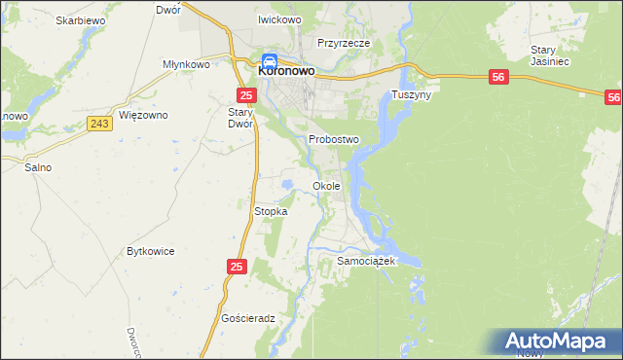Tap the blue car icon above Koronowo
(270, 59)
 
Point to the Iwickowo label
(279, 19)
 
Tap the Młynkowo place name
(187, 64)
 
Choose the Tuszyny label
(411, 95)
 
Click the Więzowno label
(143, 115)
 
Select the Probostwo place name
(334, 139)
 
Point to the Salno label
(38, 167)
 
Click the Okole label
(326, 186)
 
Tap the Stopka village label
(271, 211)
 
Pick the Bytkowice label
(151, 251)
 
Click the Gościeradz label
(249, 318)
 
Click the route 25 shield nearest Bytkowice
(238, 266)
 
